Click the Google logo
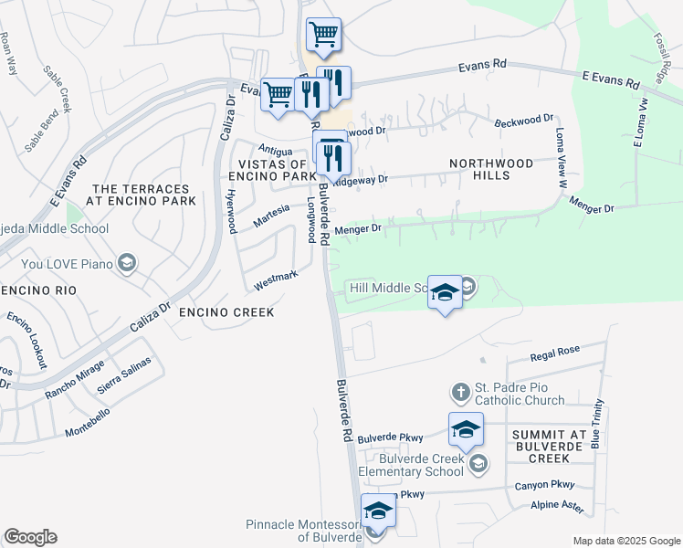click(30, 537)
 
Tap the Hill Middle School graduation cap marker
click(445, 292)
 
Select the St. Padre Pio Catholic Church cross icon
click(460, 394)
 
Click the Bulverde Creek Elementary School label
click(410, 465)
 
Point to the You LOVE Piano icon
click(126, 265)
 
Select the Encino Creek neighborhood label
click(226, 312)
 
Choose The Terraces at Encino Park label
click(142, 194)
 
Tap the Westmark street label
click(276, 280)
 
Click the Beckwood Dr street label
click(524, 120)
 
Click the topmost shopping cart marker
click(324, 35)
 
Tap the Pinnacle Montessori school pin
click(377, 511)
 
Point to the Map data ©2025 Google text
click(625, 541)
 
